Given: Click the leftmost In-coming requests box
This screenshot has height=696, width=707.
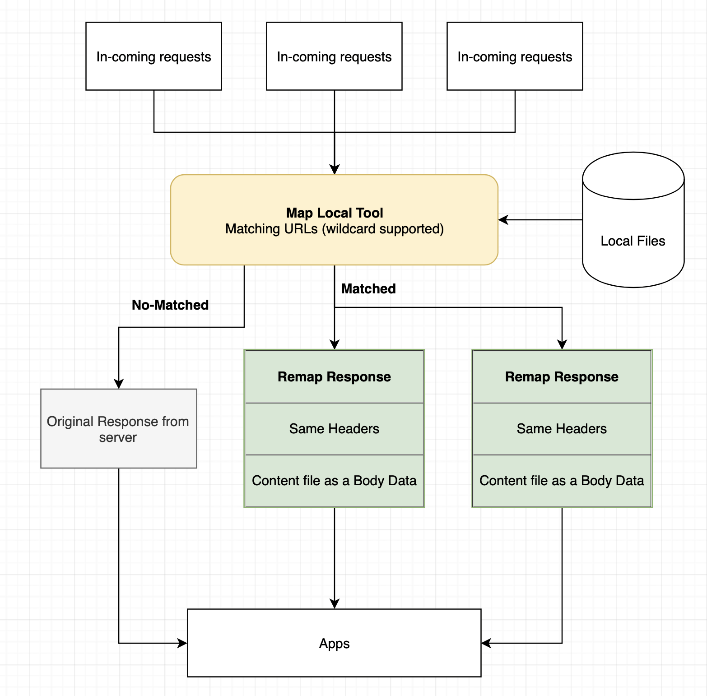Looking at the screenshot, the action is (153, 56).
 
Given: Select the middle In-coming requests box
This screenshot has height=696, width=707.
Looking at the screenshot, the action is (334, 56).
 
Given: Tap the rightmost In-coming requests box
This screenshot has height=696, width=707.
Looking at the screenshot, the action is (515, 56).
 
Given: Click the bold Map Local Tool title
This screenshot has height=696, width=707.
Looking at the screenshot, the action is (335, 213).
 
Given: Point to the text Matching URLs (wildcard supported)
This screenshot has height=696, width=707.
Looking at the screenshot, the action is (335, 229).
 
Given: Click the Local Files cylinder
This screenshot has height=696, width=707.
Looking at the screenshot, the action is (633, 219).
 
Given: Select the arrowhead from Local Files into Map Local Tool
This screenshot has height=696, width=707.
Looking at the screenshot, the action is (503, 220).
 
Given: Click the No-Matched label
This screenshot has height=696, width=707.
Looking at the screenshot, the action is (170, 305).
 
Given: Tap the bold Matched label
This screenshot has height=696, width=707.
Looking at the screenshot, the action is (368, 289).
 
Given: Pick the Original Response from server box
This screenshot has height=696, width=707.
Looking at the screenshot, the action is (119, 428).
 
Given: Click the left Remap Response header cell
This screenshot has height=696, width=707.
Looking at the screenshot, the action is (335, 376).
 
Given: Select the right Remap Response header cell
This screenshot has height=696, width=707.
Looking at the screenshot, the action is (562, 376).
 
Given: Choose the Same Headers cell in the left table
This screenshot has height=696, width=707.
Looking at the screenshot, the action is (335, 429).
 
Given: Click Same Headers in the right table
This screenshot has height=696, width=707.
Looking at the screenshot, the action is (562, 429).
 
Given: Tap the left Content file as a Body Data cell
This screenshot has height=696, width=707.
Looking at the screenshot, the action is (335, 481).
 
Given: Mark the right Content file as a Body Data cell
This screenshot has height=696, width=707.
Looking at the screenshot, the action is (562, 481).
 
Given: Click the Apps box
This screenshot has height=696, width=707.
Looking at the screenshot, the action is (334, 643).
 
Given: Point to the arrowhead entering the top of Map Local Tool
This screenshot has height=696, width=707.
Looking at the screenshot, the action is (335, 169).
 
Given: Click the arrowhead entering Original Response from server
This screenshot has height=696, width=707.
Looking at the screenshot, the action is (119, 384).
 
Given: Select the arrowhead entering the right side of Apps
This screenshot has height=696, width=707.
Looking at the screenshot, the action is (487, 643).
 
